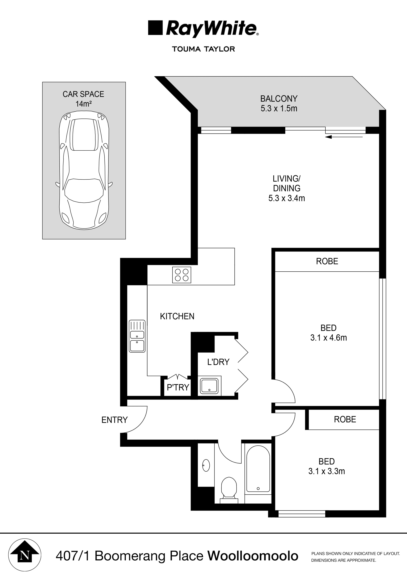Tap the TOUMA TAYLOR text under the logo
click(203, 49)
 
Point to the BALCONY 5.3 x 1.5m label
click(279, 103)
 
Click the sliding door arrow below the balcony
click(345, 137)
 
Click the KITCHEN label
click(177, 316)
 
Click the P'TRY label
click(178, 388)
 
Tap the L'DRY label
click(218, 362)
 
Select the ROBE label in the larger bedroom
click(327, 261)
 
